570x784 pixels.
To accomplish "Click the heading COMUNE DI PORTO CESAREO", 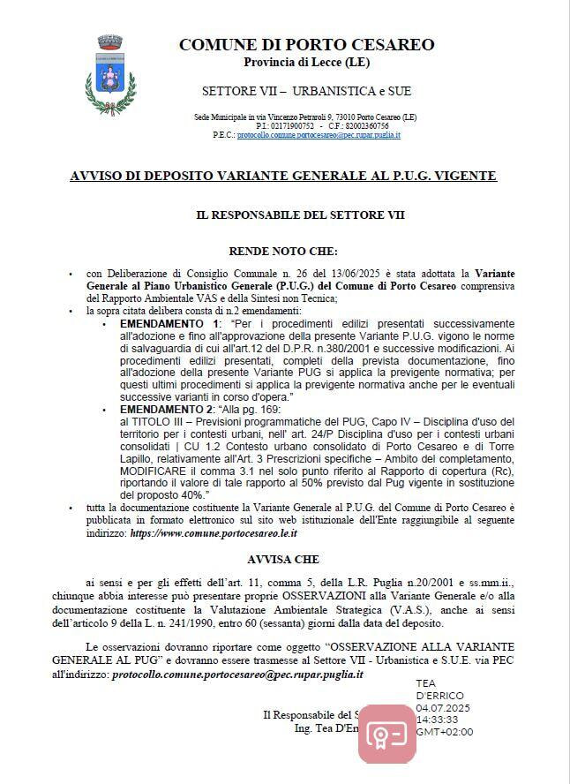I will (306, 45).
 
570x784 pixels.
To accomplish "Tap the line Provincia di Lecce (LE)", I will (306, 62).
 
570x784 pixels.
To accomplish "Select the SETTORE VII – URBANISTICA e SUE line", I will (306, 91).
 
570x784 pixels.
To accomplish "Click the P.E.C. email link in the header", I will (319, 135).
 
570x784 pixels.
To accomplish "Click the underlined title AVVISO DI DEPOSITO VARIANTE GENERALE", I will (283, 177).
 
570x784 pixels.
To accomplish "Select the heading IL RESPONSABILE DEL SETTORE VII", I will (300, 215).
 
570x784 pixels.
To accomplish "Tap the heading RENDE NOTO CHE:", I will (283, 252).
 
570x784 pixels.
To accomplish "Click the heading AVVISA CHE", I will (283, 559).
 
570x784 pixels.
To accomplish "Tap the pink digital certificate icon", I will (386, 733).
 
